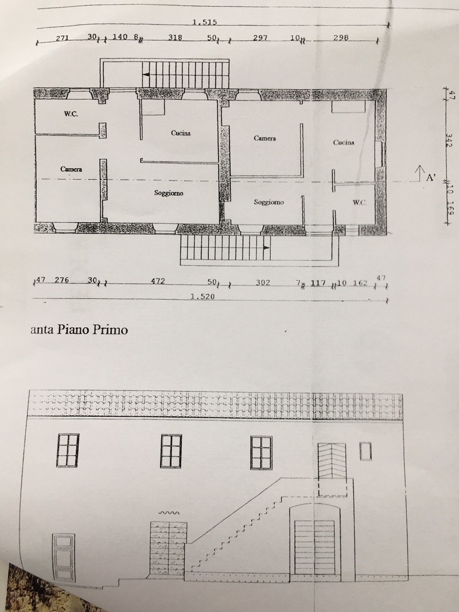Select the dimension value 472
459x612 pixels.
click(158, 281)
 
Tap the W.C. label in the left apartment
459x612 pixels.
click(71, 114)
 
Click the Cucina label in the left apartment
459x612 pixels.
click(180, 133)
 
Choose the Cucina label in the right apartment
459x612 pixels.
click(344, 142)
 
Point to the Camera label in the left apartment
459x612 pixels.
click(71, 169)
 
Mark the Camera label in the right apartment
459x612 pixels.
click(265, 138)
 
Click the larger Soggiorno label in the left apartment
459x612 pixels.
click(169, 193)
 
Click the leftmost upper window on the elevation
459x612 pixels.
click(68, 450)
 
